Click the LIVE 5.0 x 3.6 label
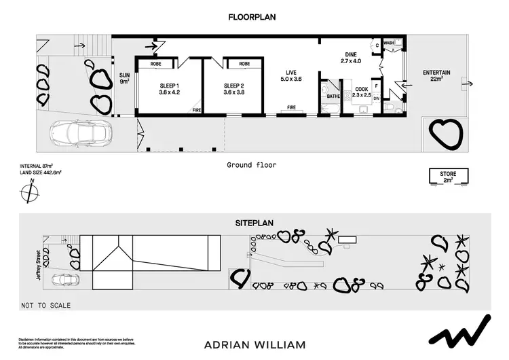(x=291, y=75)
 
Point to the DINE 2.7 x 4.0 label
(x=352, y=57)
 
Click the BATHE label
(x=333, y=96)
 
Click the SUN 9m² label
(x=124, y=78)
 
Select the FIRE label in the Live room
(x=291, y=107)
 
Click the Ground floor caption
(x=251, y=165)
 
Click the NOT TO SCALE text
(x=46, y=306)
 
